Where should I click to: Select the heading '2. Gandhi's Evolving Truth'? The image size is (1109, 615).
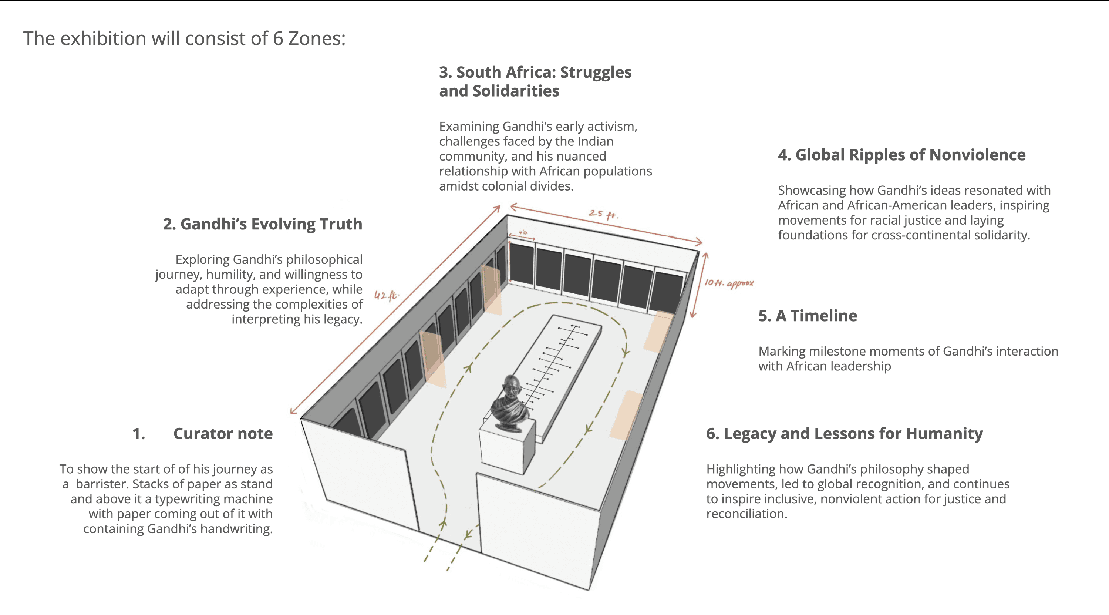(262, 224)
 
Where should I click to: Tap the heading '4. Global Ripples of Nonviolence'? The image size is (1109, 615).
(901, 155)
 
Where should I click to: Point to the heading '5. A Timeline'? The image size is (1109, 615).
(807, 316)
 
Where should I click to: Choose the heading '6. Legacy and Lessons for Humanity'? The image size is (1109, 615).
(844, 433)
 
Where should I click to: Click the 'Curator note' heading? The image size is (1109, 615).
(223, 433)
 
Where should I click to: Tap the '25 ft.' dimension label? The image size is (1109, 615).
(603, 214)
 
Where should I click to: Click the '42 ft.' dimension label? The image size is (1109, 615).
(386, 295)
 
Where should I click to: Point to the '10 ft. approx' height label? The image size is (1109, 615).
(728, 283)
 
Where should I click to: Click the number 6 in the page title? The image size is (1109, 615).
(278, 39)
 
